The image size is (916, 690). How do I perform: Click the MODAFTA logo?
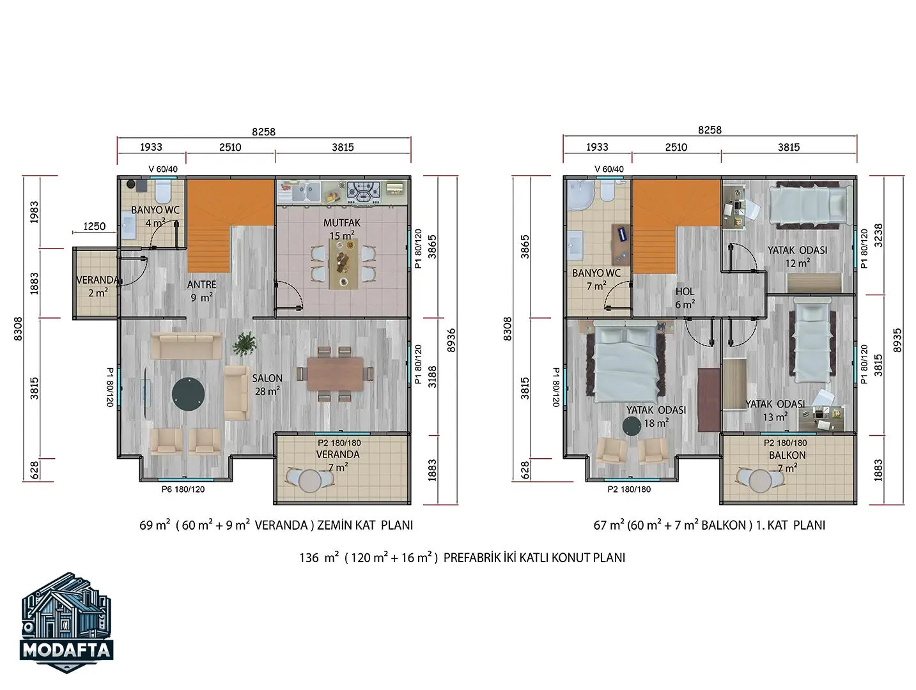pos(66,622)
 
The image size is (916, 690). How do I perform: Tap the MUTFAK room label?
pos(341,223)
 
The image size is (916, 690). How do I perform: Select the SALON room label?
pos(267,378)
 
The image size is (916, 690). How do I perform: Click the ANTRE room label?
pos(201,285)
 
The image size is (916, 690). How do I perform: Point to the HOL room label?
pos(685,291)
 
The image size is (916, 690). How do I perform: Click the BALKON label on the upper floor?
pos(787,456)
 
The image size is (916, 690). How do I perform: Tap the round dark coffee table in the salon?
pos(188,394)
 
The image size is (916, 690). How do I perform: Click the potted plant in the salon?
pos(245,344)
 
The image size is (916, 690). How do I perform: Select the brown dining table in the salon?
pos(336,374)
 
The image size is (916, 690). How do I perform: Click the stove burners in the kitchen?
pos(364,190)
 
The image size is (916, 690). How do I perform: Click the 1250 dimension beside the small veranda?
pos(95,226)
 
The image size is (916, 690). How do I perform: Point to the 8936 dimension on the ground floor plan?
pos(451,340)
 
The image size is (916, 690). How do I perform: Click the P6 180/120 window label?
pos(183,489)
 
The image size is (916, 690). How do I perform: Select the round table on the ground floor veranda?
pos(310,480)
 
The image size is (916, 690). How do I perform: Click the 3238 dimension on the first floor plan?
pos(878,236)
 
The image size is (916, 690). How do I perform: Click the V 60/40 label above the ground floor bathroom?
pos(163,169)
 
